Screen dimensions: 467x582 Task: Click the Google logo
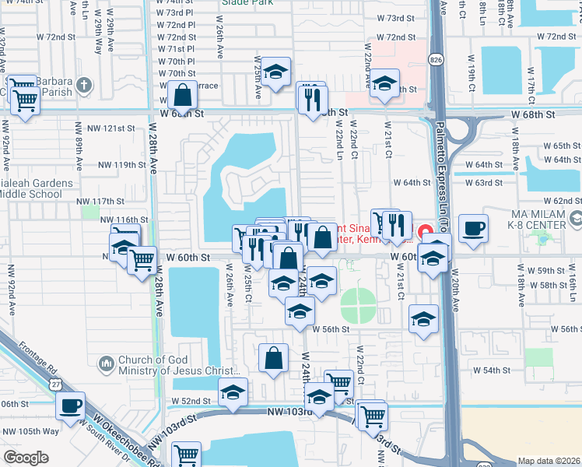tap(26, 458)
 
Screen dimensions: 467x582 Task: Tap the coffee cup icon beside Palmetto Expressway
tap(473, 228)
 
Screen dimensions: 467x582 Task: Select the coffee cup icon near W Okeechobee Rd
tap(71, 406)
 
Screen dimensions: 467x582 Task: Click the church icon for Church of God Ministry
tap(107, 363)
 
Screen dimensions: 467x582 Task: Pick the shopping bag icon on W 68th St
tap(181, 96)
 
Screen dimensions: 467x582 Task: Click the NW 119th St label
tap(121, 164)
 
